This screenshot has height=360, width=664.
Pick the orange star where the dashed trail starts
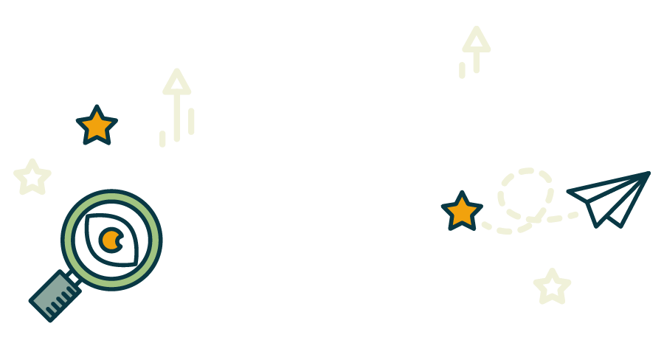point(462,212)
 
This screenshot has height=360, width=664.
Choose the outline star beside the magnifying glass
point(32,178)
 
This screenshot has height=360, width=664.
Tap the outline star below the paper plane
point(552,287)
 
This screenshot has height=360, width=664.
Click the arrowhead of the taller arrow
point(177,83)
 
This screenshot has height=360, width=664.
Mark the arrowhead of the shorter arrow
point(477,40)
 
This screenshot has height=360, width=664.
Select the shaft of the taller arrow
point(177,118)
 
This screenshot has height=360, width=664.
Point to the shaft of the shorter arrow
point(477,62)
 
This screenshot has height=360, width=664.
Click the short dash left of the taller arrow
point(162,139)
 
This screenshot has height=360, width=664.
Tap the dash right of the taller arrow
point(191,121)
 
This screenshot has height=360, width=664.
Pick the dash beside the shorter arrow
point(462,70)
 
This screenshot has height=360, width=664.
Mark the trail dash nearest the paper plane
point(573,215)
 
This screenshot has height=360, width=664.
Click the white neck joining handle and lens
point(73,277)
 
